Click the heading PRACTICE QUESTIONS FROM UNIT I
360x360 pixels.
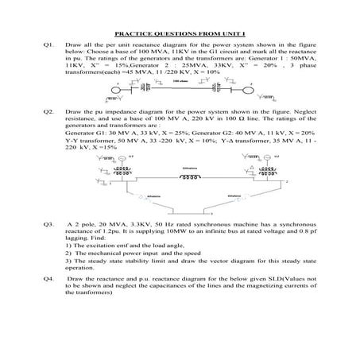[180, 34]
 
